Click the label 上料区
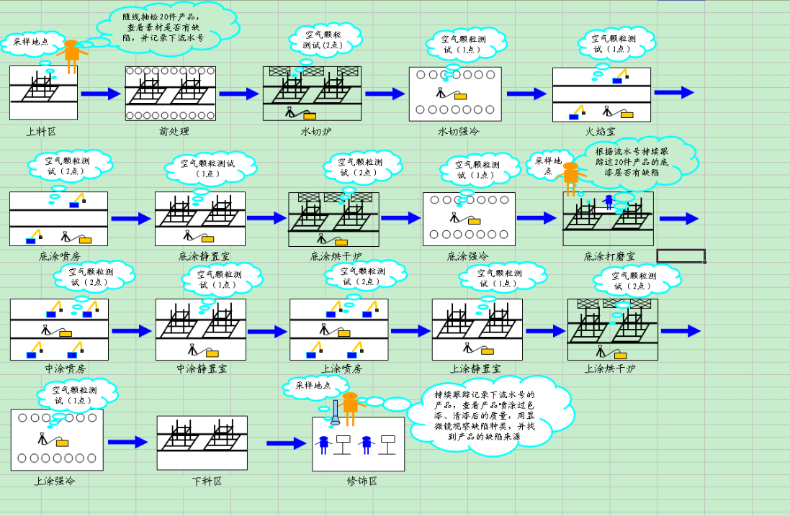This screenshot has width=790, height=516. (41, 131)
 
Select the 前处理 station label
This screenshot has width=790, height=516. (174, 131)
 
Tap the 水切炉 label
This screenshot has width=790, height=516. (315, 132)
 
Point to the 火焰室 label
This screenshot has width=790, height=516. (600, 132)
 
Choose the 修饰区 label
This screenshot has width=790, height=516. (362, 481)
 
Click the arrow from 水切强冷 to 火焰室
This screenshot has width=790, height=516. (526, 94)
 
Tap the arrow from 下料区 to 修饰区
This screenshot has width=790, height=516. (286, 443)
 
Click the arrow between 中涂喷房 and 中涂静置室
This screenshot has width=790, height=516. (130, 331)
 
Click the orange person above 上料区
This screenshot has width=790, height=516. (71, 55)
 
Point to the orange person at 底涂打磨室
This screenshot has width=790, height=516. (570, 177)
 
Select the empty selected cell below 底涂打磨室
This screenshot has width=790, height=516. (681, 255)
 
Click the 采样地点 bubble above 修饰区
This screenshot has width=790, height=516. (313, 385)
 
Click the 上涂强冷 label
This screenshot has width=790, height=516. (55, 481)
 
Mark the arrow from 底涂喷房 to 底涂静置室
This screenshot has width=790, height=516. (130, 218)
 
